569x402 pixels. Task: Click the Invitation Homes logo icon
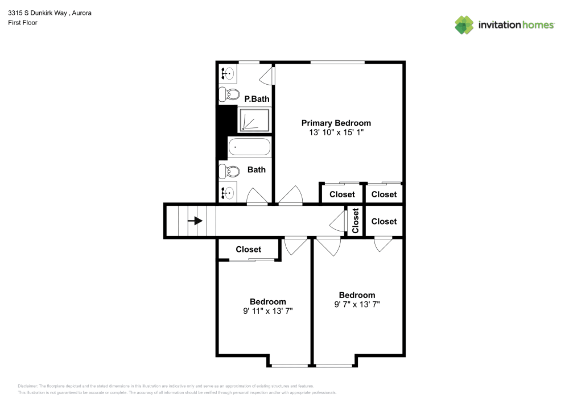click(464, 24)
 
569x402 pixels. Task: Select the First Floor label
click(22, 23)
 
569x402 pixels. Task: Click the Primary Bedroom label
click(336, 123)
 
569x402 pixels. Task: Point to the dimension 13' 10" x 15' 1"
click(336, 132)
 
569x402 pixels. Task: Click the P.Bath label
click(256, 99)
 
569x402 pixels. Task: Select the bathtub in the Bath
click(249, 148)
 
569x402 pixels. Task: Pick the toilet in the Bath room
click(229, 171)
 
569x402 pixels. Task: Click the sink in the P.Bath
click(227, 73)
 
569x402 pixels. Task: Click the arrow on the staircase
click(197, 221)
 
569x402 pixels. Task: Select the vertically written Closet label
click(356, 221)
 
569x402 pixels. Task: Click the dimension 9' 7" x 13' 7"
click(357, 304)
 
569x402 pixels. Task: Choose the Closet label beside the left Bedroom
click(248, 249)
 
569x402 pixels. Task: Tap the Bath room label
click(256, 169)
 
